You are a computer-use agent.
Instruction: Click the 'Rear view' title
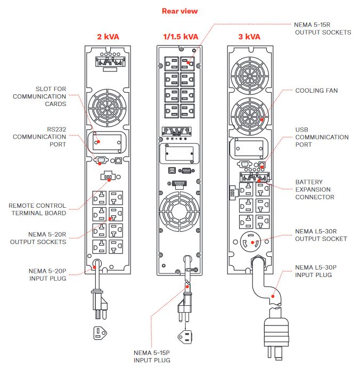click(x=179, y=11)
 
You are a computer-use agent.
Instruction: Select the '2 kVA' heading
click(x=108, y=37)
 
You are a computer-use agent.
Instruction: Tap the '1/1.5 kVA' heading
click(x=180, y=37)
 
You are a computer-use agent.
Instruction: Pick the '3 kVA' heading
click(x=249, y=37)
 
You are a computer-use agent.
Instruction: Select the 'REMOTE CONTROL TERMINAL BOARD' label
click(x=37, y=209)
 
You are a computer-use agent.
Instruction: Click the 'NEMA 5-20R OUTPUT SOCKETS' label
click(x=39, y=238)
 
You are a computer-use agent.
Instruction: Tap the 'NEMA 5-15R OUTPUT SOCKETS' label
click(x=323, y=28)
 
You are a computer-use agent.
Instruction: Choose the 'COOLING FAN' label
click(x=316, y=91)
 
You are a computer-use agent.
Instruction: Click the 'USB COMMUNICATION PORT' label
click(x=322, y=137)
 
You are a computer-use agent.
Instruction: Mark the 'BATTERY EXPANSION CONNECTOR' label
click(x=315, y=190)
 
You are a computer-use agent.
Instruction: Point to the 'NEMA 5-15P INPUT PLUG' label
click(x=152, y=356)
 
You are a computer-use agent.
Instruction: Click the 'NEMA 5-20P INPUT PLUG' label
click(x=47, y=274)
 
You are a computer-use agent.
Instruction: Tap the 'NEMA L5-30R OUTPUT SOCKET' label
click(x=321, y=235)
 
